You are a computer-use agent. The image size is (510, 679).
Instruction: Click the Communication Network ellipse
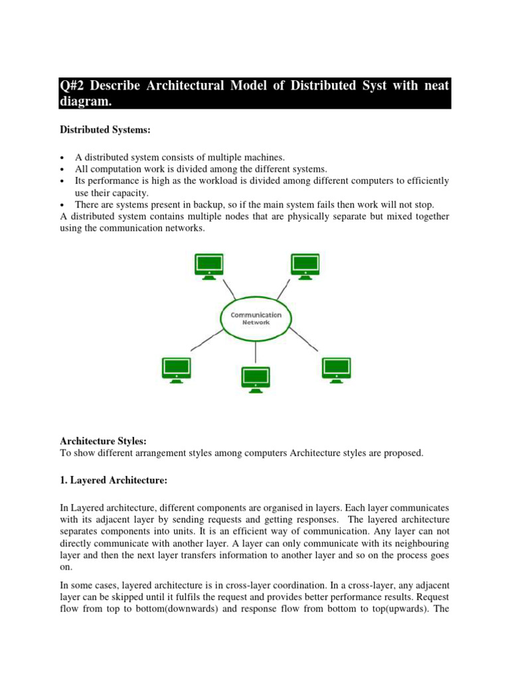pos(256,318)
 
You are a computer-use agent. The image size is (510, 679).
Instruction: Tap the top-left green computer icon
pos(209,265)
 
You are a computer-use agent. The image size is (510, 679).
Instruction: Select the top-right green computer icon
pos(305,265)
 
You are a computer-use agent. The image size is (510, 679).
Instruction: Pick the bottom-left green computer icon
pos(177,369)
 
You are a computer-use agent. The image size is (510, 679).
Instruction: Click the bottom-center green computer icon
pos(256,379)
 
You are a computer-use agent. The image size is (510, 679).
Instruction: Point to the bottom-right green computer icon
pos(335,369)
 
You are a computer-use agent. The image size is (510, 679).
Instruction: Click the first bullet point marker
pos(62,158)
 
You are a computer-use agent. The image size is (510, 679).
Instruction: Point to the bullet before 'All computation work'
pos(62,170)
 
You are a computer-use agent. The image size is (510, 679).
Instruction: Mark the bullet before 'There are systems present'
pos(62,205)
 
